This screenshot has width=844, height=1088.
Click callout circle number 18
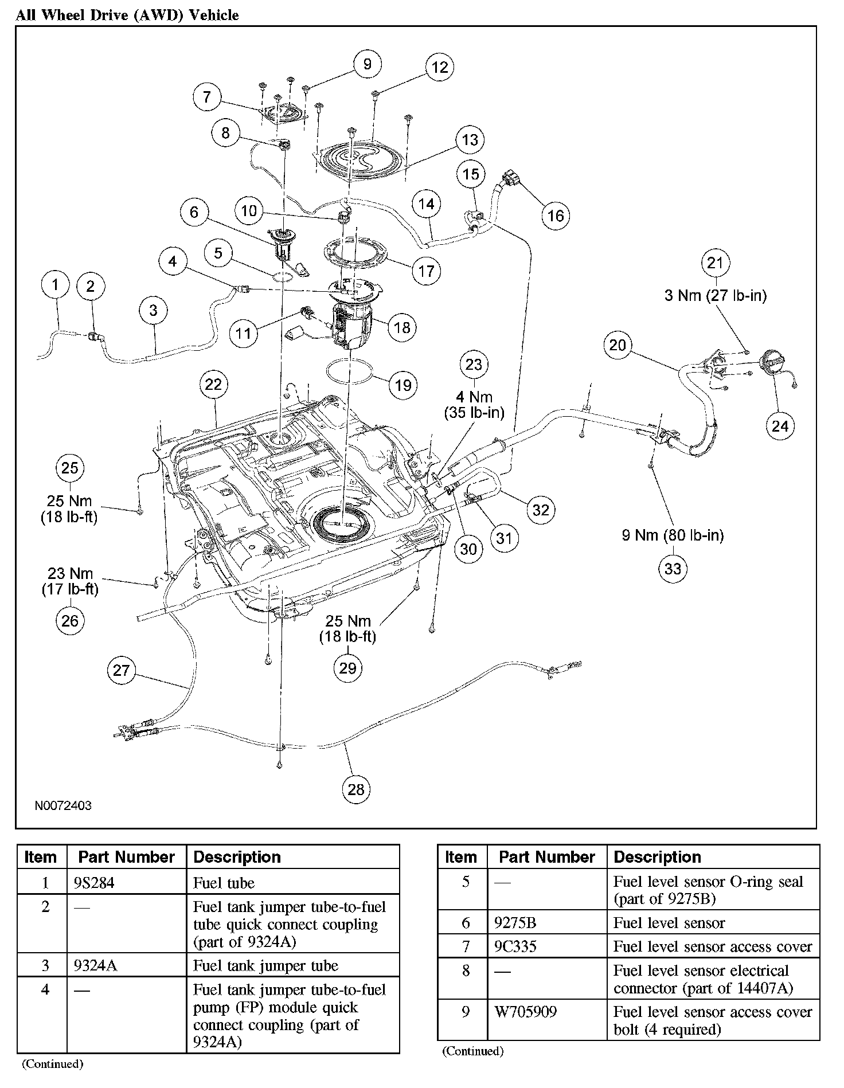click(402, 327)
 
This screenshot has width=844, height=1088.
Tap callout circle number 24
click(780, 426)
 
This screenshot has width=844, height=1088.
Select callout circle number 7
click(207, 97)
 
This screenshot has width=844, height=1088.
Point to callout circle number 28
click(356, 789)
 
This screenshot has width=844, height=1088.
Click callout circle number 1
click(56, 285)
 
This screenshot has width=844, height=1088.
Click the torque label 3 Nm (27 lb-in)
click(715, 296)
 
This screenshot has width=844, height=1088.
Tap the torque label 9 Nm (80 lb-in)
click(673, 535)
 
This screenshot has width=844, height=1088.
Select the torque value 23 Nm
click(70, 574)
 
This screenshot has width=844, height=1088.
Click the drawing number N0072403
click(63, 806)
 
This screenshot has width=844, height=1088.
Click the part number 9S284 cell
click(94, 883)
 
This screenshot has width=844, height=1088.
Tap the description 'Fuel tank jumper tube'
click(265, 965)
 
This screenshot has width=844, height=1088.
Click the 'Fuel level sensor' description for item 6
click(669, 923)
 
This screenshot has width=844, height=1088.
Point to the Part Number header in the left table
click(126, 857)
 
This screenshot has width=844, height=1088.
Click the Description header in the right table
click(657, 857)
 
